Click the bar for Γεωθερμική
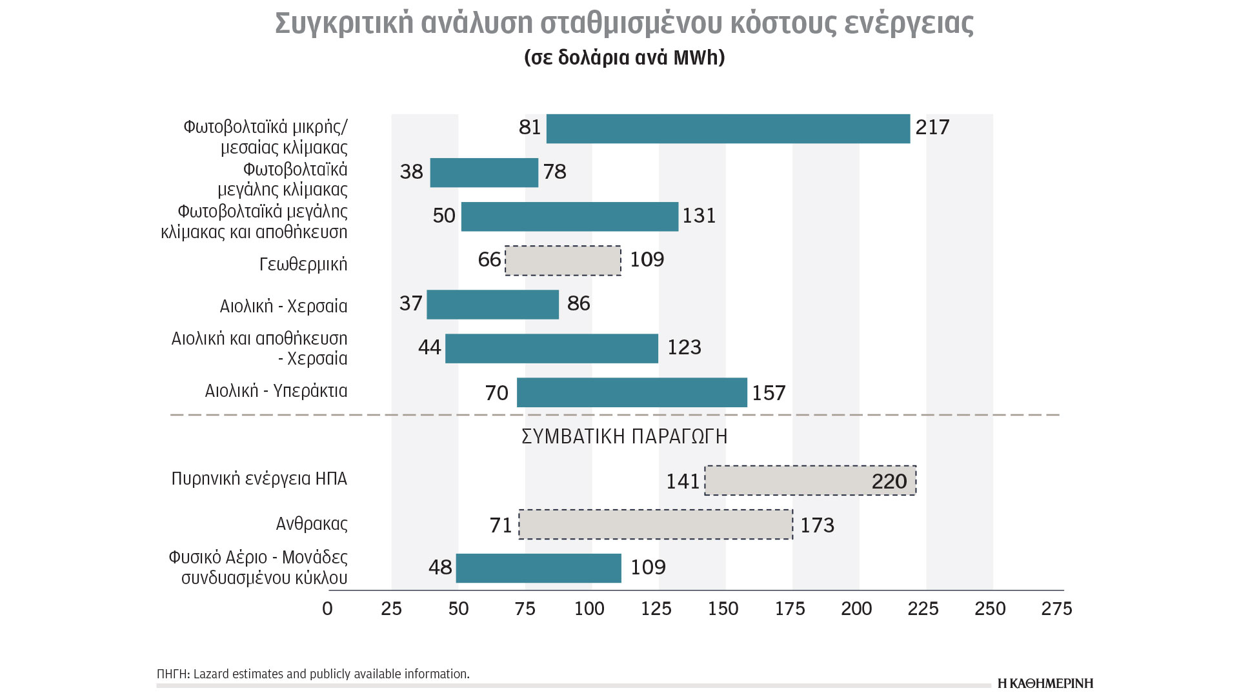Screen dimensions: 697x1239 coord(563,261)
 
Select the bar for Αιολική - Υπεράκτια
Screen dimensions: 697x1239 coord(632,392)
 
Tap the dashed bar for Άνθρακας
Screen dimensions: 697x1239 coord(656,524)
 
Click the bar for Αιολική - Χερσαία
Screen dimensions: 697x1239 coord(492,305)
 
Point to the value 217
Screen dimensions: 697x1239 coord(932,127)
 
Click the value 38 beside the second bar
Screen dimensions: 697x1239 coord(411,172)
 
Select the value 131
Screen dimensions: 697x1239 coord(699,216)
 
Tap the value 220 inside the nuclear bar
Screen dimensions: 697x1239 coord(889,481)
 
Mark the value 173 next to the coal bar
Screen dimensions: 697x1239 coord(817,525)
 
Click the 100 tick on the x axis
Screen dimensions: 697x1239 coord(589,609)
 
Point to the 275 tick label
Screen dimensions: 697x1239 coord(1056,609)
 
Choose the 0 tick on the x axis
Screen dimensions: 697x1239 coord(327,609)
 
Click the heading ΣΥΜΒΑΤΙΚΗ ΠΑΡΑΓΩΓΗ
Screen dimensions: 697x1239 coord(624,437)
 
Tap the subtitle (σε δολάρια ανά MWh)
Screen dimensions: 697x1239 coord(624,57)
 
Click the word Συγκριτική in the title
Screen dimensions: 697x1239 coord(344,23)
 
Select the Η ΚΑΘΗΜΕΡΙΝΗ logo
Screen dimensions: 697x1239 coord(1045,683)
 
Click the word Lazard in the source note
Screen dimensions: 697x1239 coord(211,674)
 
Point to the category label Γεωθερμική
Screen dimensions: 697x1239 coord(303,264)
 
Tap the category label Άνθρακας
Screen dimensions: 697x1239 coord(312,523)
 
